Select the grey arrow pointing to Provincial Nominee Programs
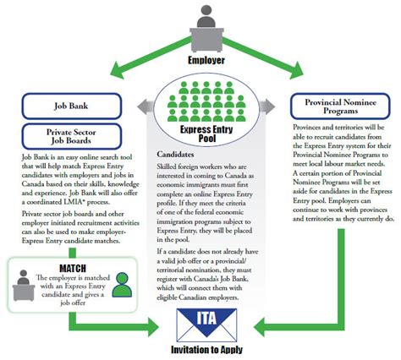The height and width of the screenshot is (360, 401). pos(263,106)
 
